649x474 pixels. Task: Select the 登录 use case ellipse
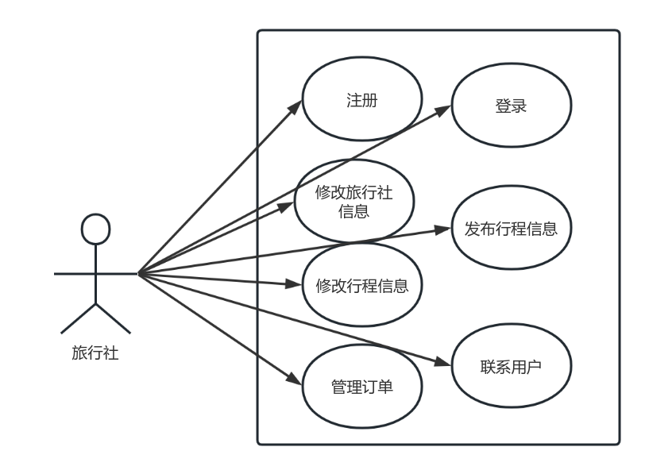tap(511, 107)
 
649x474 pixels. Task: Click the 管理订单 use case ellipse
tap(361, 387)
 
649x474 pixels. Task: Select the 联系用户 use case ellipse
tap(511, 368)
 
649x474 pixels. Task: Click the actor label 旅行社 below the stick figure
tap(95, 353)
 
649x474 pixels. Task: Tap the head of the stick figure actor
tap(95, 228)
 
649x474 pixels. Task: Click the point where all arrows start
tap(138, 273)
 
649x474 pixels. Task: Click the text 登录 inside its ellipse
tap(511, 107)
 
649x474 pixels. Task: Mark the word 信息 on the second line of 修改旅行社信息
tap(353, 211)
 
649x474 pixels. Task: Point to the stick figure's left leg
tap(78, 318)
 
